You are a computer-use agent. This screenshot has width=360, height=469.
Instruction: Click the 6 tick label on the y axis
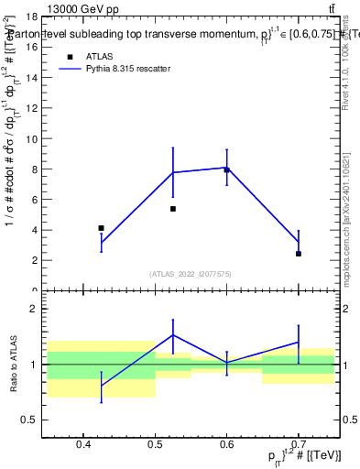pos(36,200)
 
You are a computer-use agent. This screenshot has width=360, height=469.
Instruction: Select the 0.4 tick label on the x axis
pos(82,446)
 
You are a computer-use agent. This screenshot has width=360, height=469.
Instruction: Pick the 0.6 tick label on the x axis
pos(226,446)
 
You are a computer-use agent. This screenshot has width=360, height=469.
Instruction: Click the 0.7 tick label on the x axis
pos(298,446)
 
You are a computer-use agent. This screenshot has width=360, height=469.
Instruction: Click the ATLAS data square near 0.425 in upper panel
pos(101,228)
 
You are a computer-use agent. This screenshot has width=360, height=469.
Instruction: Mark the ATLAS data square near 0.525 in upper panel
pos(172,209)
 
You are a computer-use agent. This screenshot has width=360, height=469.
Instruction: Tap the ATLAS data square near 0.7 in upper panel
pos(299,254)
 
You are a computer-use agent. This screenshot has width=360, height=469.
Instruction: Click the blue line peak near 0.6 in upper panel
pos(226,168)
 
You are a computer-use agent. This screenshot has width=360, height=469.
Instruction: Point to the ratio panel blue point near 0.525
pos(172,335)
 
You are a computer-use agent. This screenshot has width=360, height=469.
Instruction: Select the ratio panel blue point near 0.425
pos(101,386)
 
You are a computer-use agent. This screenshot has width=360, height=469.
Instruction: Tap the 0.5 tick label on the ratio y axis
pos(30,420)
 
